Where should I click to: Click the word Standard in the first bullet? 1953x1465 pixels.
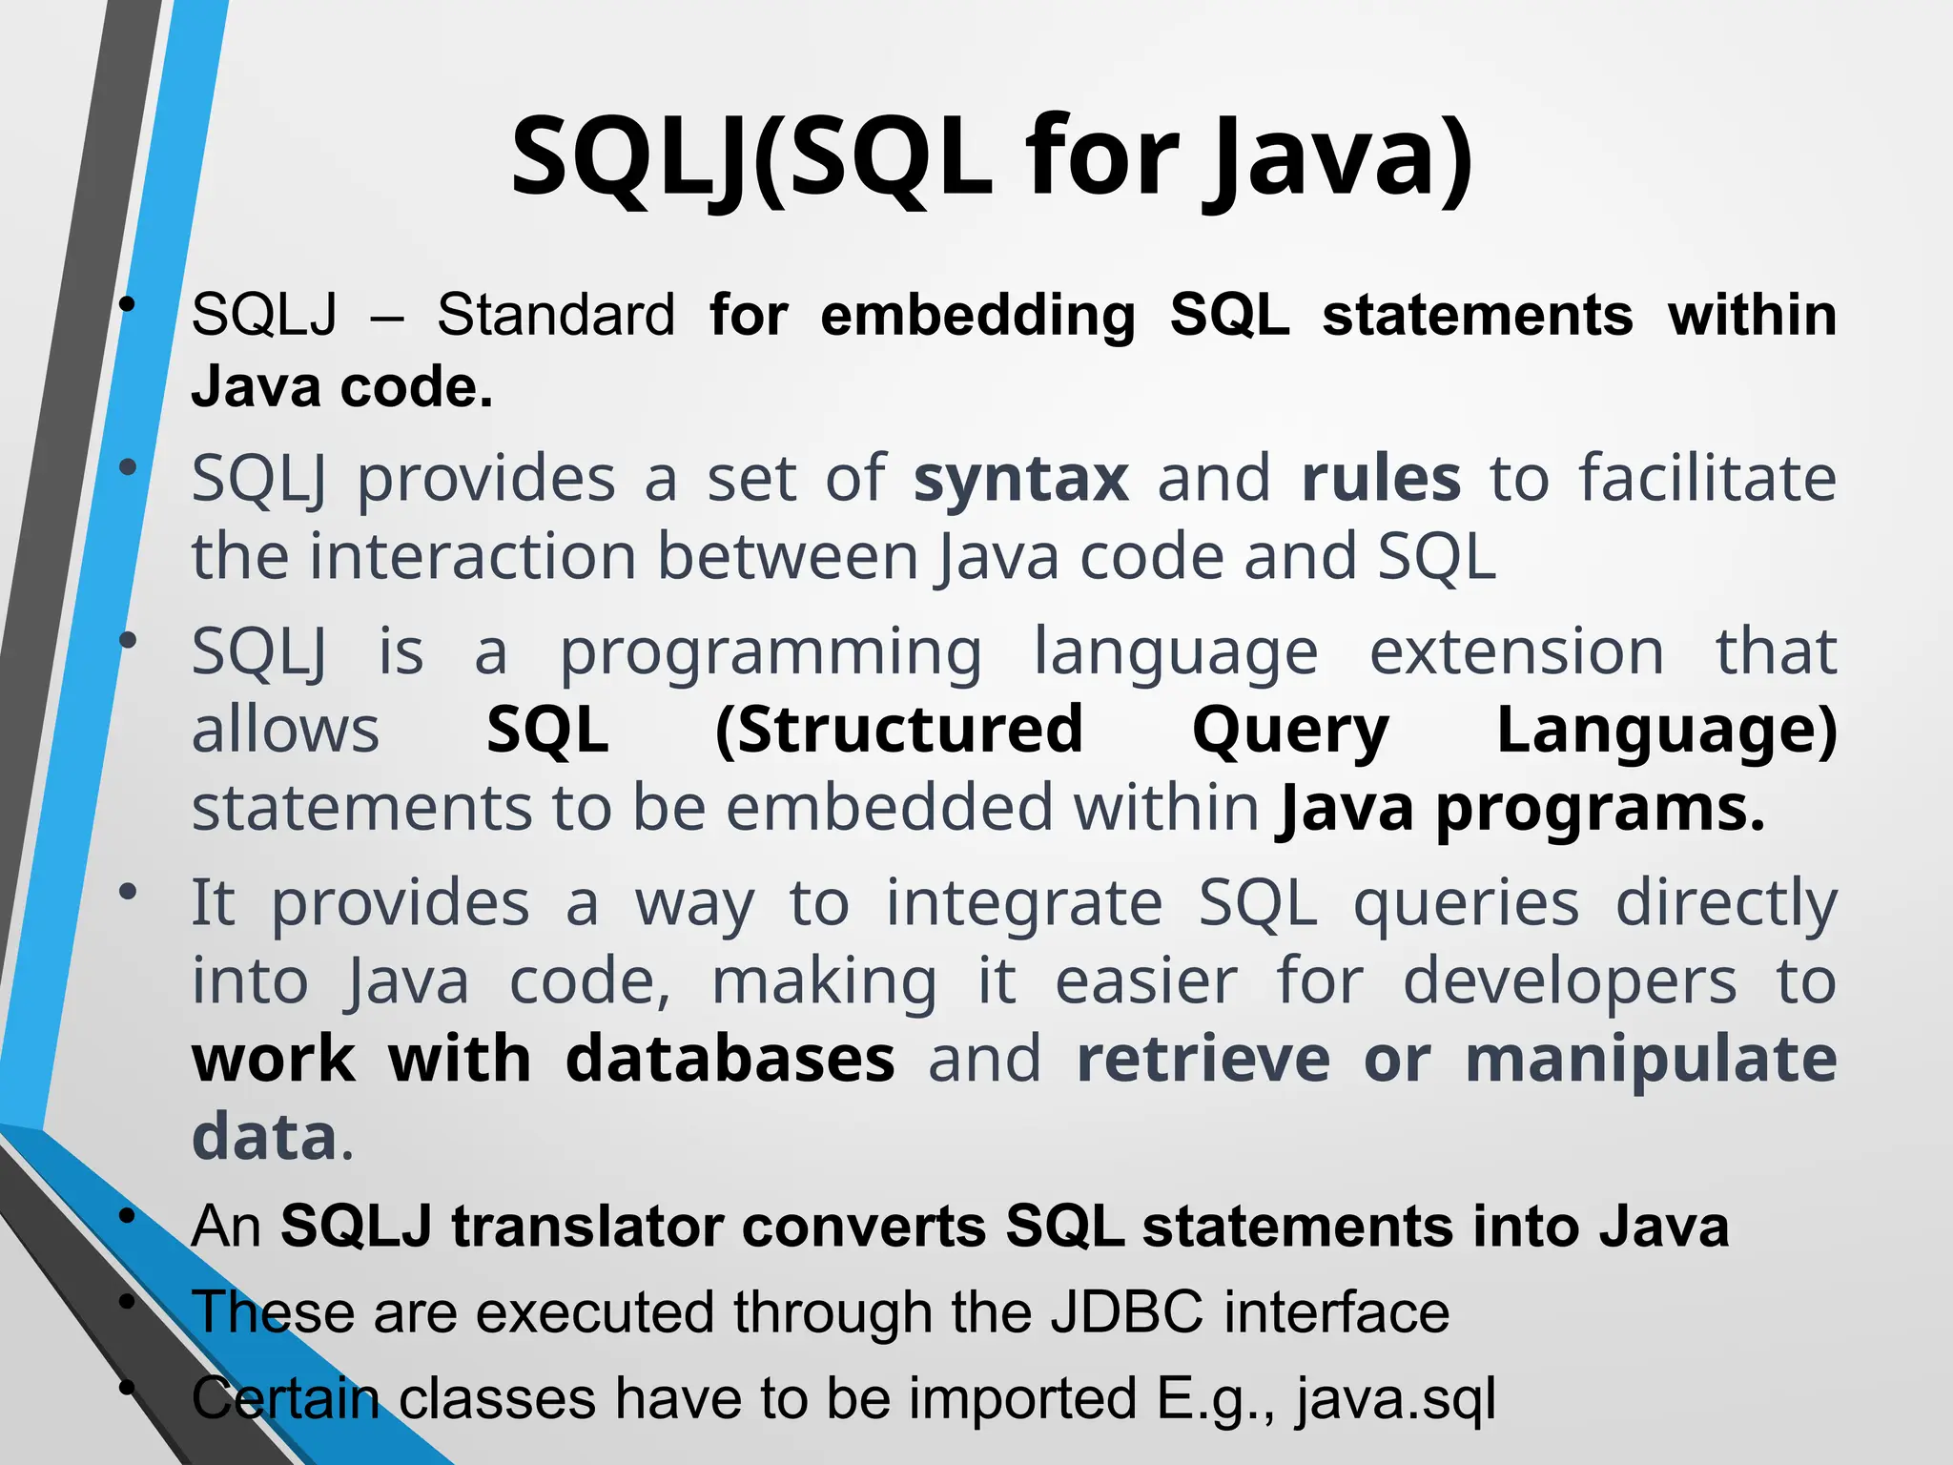(556, 315)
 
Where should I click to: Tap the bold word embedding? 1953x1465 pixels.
(977, 315)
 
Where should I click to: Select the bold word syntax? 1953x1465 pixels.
(1020, 479)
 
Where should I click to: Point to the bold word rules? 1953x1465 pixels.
(1381, 479)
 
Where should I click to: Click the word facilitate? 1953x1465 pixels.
(1707, 479)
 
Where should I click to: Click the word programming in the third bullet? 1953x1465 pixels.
(771, 653)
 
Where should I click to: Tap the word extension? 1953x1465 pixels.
(1516, 653)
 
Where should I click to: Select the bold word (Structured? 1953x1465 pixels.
(899, 732)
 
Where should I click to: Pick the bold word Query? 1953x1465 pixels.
(1290, 732)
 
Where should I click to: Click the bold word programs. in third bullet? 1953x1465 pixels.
(1600, 810)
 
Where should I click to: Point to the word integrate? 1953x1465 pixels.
(1023, 903)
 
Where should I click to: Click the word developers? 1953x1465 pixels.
(1570, 981)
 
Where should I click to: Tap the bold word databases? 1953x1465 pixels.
(730, 1060)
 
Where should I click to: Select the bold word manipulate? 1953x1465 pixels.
(1651, 1060)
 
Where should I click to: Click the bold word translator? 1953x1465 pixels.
(587, 1227)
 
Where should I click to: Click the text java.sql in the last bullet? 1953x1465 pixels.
(1395, 1399)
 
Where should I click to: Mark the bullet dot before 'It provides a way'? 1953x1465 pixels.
(128, 893)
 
